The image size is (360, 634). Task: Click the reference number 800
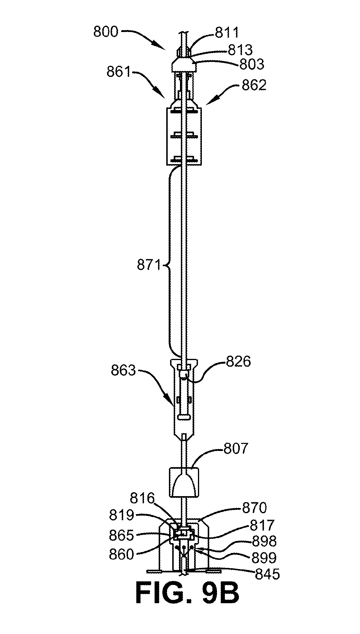(106, 32)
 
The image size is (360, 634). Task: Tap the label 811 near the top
(227, 33)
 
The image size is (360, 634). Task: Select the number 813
(240, 50)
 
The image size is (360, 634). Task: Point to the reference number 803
(252, 64)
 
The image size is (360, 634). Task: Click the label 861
(119, 72)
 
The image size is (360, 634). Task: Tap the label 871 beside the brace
(149, 266)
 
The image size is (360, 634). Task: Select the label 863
(123, 371)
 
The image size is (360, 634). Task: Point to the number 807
(236, 449)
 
